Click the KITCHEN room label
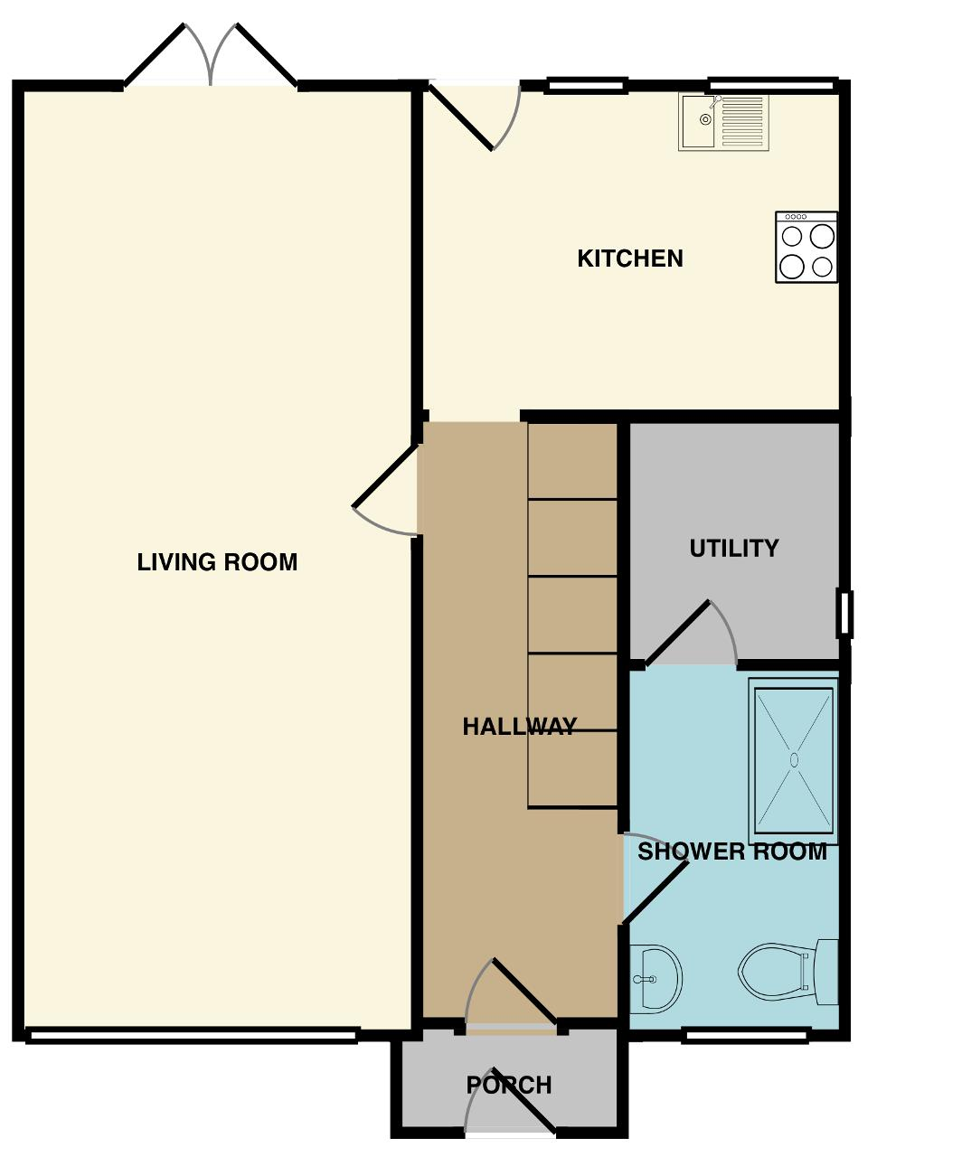[630, 259]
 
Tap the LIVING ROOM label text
[217, 562]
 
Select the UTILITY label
[734, 548]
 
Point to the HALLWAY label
[520, 727]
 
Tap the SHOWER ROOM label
[732, 851]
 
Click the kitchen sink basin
[699, 122]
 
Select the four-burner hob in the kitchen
[806, 247]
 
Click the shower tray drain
[794, 759]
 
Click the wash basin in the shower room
[655, 979]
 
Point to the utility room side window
[844, 614]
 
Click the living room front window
[192, 1035]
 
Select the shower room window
[744, 1035]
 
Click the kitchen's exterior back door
[475, 116]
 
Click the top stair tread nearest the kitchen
[572, 462]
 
